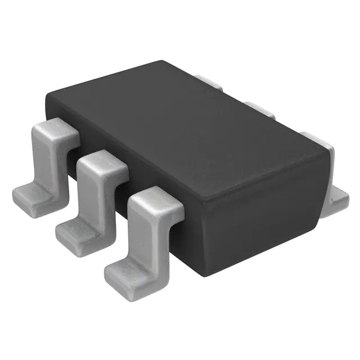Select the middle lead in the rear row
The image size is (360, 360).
tap(259, 109)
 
